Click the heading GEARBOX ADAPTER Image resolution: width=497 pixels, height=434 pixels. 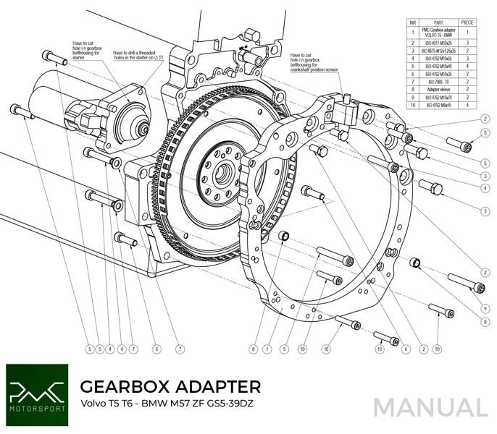click(170, 386)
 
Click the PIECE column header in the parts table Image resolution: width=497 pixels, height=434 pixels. click(467, 22)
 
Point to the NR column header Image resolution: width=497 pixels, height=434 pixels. click(412, 22)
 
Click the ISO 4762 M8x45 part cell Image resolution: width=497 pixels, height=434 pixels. click(438, 106)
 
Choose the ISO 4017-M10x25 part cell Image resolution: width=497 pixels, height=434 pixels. click(438, 42)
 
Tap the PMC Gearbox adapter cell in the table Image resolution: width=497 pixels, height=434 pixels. click(438, 32)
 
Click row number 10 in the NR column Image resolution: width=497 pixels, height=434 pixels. click(412, 106)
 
